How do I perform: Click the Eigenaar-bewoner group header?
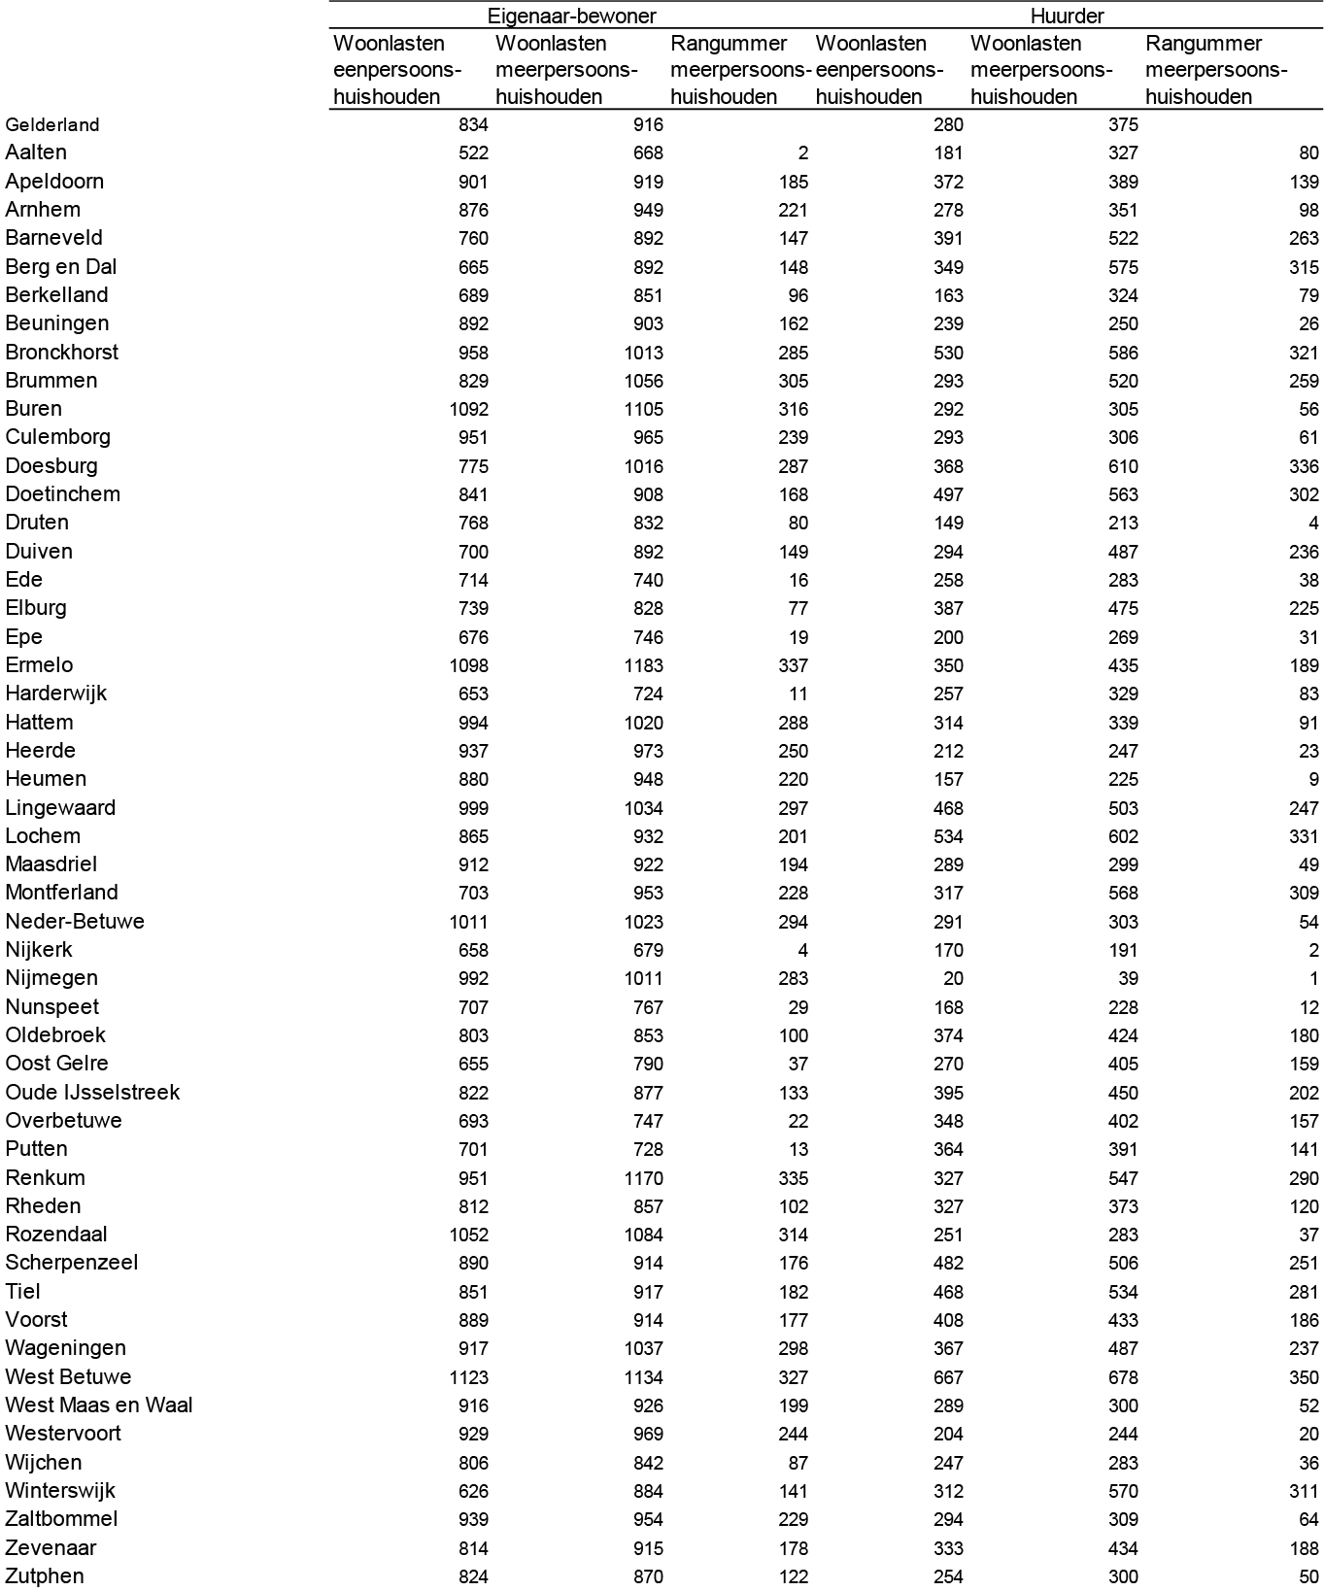click(x=571, y=16)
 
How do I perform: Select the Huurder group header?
click(x=1067, y=16)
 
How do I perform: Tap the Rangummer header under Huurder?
click(x=1216, y=70)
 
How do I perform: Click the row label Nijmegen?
click(x=51, y=978)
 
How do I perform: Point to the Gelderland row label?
click(x=52, y=124)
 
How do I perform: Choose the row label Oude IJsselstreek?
click(x=92, y=1092)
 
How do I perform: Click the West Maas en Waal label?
click(x=99, y=1405)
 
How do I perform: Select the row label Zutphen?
click(x=45, y=1575)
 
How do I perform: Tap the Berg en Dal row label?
click(x=61, y=266)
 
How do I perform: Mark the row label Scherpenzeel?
click(x=72, y=1262)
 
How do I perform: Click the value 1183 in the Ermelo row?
click(x=644, y=665)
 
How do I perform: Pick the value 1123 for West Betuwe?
click(x=469, y=1377)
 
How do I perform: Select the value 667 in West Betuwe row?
click(x=948, y=1377)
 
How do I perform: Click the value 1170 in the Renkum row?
click(x=644, y=1178)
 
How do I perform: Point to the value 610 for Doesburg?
click(x=1123, y=466)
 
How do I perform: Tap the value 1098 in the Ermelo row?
click(x=469, y=665)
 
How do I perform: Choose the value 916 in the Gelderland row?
click(x=648, y=124)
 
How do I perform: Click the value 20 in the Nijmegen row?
click(x=953, y=978)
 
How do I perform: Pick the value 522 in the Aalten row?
click(x=473, y=152)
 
